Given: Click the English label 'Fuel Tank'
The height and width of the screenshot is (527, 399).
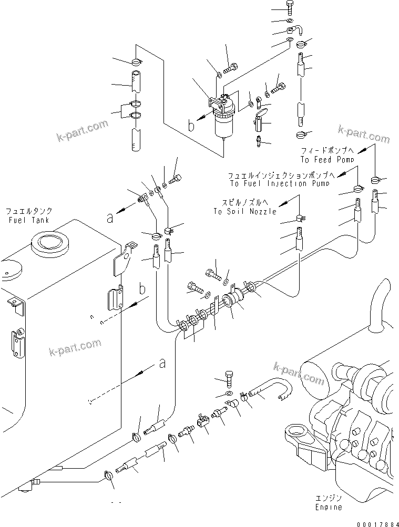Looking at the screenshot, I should (28, 220).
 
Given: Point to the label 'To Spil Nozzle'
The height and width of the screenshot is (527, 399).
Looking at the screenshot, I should (244, 211).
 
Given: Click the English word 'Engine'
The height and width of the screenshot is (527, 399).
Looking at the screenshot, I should (329, 507).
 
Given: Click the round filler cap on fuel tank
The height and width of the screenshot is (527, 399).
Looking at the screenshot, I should (49, 243).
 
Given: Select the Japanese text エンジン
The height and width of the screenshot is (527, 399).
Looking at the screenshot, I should (329, 498).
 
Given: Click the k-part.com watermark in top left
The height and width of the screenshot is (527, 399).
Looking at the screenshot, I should (81, 131).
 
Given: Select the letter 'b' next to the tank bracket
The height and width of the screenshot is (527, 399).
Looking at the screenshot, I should (142, 290).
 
